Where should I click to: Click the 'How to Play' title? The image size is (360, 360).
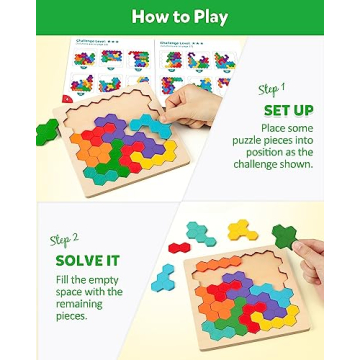tap(180, 17)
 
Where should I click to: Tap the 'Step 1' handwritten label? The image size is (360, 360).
tap(273, 89)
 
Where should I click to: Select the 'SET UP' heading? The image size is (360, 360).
tap(287, 110)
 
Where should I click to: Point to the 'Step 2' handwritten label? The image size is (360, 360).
tap(64, 240)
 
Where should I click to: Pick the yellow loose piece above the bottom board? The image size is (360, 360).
tap(240, 232)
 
